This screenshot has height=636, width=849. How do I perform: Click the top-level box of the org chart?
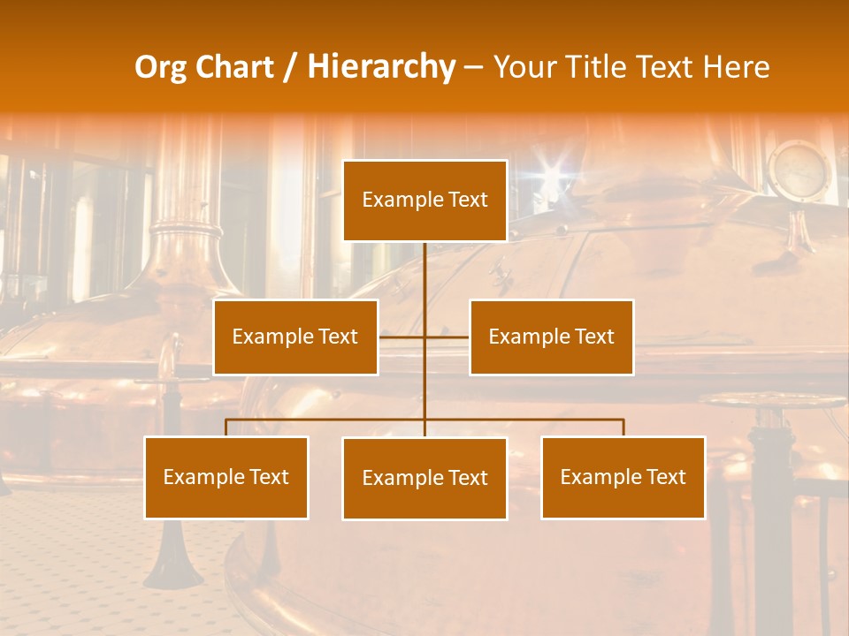(424, 201)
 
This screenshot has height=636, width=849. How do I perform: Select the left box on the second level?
(295, 337)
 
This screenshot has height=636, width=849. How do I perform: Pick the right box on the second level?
(551, 337)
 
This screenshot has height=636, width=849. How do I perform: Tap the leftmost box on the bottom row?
(226, 478)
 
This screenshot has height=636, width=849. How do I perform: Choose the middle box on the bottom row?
(424, 479)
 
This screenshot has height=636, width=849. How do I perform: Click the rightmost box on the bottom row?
(623, 478)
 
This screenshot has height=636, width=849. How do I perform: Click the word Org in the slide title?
(160, 67)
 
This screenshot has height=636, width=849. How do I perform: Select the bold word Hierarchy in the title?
(381, 67)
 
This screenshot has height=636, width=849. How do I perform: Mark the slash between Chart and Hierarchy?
(290, 67)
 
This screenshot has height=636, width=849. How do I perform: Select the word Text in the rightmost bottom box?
(666, 478)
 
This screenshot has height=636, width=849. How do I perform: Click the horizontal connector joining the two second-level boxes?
(424, 337)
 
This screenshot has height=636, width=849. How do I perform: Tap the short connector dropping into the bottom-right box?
(623, 428)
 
